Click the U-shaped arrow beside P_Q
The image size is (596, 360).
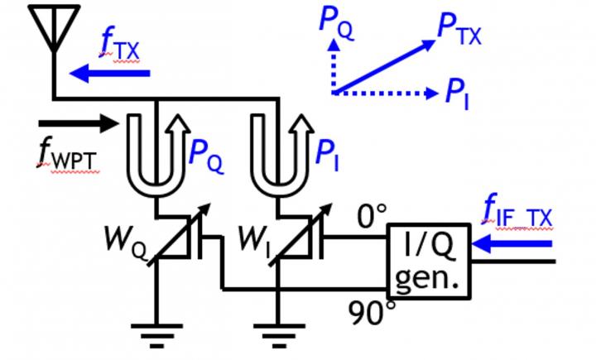click(157, 149)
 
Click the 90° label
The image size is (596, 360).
click(368, 312)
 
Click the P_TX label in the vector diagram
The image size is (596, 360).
click(459, 33)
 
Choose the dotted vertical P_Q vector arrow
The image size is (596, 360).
click(334, 66)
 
